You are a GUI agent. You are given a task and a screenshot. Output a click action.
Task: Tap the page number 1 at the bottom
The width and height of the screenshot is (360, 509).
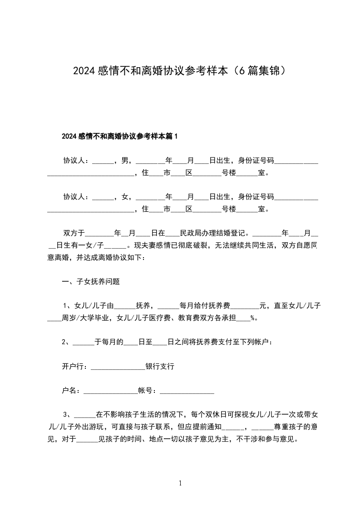[180, 483]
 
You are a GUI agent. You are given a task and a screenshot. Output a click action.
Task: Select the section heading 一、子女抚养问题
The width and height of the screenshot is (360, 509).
[91, 281]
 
